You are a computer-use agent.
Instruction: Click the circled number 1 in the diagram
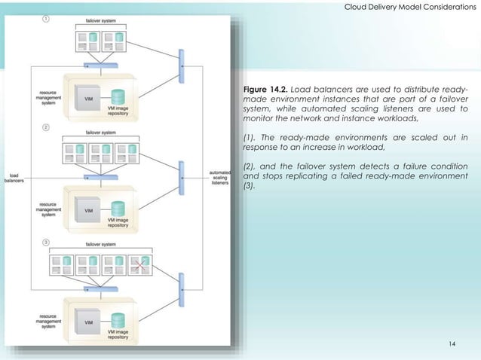click(x=47, y=20)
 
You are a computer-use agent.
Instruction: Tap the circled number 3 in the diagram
click(x=47, y=242)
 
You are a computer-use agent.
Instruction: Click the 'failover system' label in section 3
click(x=101, y=244)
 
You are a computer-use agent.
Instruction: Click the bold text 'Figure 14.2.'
click(x=265, y=90)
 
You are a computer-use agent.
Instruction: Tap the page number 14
click(x=452, y=344)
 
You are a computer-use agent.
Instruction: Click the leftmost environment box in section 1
click(x=85, y=41)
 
